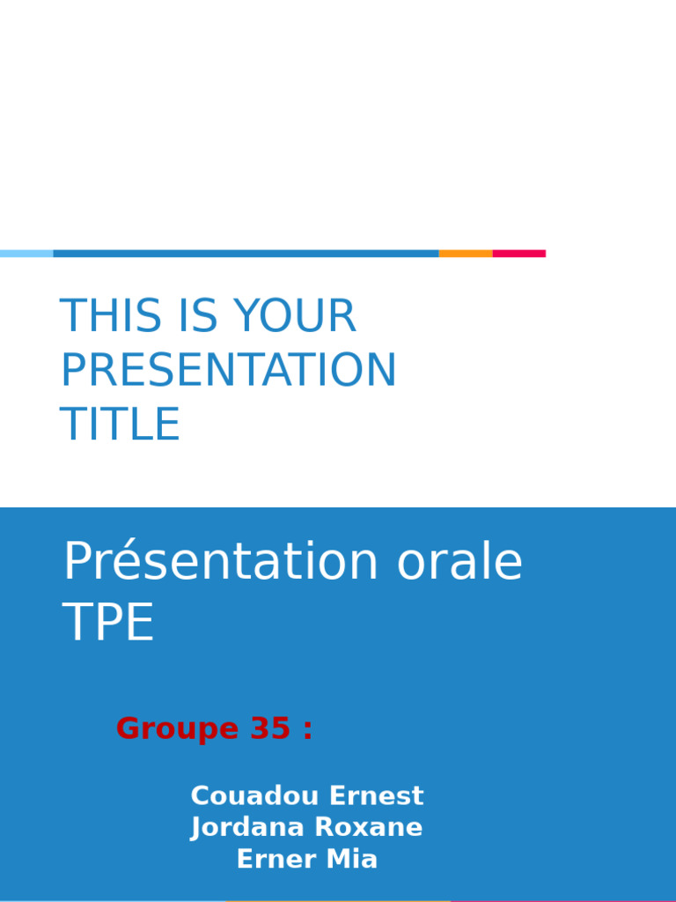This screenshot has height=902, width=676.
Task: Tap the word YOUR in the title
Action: [x=295, y=315]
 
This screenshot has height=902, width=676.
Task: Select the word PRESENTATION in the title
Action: [x=228, y=369]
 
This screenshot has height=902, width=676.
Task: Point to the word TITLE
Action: [x=120, y=424]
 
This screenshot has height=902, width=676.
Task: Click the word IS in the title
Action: [x=196, y=315]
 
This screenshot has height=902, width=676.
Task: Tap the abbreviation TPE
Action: [x=108, y=621]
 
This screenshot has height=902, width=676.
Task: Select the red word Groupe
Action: [x=177, y=728]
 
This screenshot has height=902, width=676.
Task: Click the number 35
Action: [x=270, y=728]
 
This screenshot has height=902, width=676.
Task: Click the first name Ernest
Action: [x=377, y=795]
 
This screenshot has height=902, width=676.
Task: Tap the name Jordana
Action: [x=247, y=827]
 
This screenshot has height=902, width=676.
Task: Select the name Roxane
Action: [x=369, y=827]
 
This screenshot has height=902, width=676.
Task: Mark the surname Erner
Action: [x=276, y=859]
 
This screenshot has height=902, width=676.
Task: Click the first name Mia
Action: [x=352, y=859]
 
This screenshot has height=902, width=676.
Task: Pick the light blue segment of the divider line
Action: [x=26, y=254]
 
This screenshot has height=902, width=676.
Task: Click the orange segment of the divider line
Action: [x=466, y=254]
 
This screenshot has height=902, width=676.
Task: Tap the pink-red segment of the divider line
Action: [x=519, y=254]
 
